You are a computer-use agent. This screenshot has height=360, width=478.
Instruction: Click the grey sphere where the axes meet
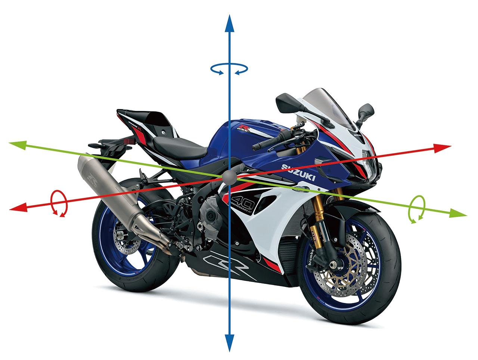pos(229,177)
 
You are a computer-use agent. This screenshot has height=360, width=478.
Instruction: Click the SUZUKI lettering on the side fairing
pos(298,173)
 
